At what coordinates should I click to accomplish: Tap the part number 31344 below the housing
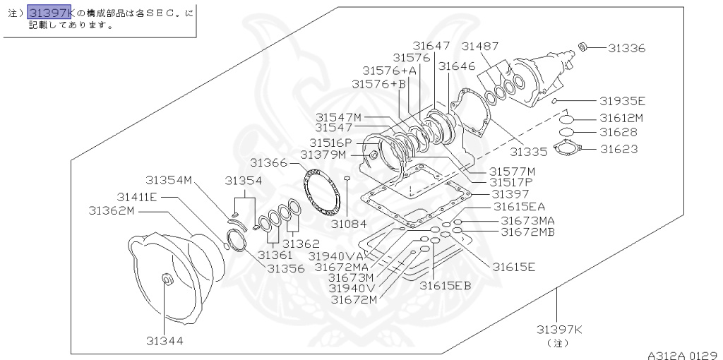[165, 340]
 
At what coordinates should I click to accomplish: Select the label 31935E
[623, 101]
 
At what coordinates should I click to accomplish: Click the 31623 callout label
[619, 149]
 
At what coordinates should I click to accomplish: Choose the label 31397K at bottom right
[559, 329]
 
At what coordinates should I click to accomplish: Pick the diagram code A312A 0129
[683, 355]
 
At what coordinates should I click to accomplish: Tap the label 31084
[349, 224]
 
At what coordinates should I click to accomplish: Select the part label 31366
[268, 162]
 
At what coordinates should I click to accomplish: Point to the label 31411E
[137, 196]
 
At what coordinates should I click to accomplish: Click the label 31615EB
[445, 285]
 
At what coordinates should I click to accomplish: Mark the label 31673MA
[528, 220]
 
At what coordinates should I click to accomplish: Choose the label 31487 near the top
[480, 47]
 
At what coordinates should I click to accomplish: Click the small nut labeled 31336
[583, 47]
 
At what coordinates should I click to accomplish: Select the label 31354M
[169, 180]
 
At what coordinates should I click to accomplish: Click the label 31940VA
[336, 256]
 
